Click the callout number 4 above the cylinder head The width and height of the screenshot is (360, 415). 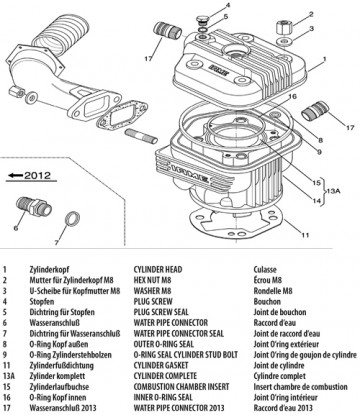[x=228, y=7]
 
